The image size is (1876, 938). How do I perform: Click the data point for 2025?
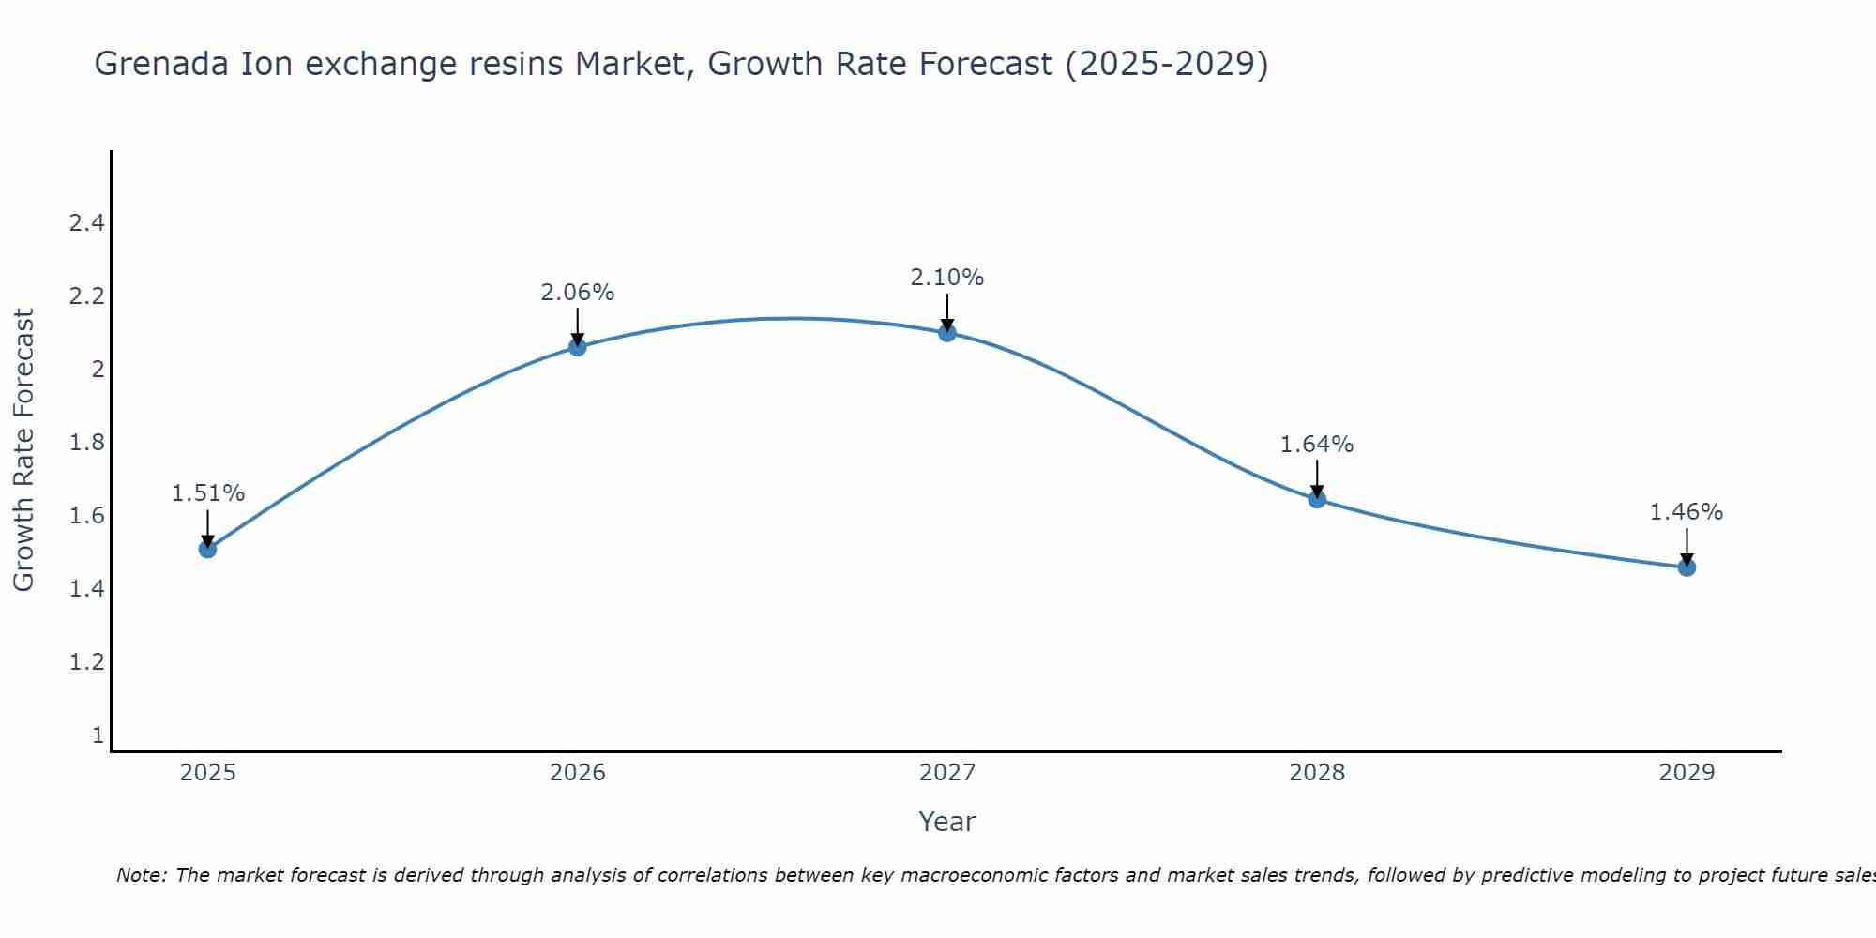click(207, 549)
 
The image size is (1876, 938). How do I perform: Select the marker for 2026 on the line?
click(577, 347)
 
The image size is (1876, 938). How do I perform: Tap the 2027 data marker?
click(947, 332)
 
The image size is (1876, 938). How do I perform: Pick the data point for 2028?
click(1317, 499)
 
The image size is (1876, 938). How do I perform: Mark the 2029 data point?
click(1687, 567)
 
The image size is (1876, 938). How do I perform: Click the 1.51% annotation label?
click(207, 493)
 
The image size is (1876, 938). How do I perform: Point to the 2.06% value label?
click(577, 293)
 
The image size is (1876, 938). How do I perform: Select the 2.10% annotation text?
click(947, 278)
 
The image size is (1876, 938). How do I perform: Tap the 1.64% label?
click(1317, 445)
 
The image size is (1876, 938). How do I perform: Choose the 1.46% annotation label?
click(1687, 512)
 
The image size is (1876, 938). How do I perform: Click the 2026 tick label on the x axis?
click(577, 773)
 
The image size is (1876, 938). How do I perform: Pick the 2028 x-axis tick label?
click(1317, 773)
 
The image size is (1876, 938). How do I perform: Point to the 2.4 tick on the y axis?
click(86, 223)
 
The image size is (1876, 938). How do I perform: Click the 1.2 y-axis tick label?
click(86, 662)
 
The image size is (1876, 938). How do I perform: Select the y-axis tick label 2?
click(98, 370)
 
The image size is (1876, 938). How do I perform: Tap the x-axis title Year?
click(947, 822)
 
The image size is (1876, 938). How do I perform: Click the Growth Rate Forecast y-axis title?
click(23, 450)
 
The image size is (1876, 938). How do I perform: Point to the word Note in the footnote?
click(141, 875)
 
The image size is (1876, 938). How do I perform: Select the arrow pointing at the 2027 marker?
click(947, 311)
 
